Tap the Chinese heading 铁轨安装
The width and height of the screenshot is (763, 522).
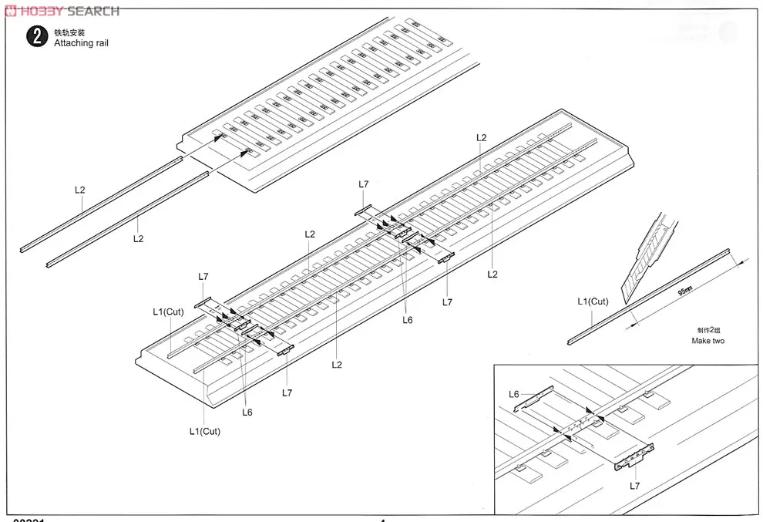(69, 32)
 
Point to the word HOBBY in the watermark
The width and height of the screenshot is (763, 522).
(40, 12)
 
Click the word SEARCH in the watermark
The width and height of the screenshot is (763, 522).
(93, 12)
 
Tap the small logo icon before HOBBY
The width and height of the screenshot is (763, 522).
(8, 12)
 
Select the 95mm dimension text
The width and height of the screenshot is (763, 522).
(685, 291)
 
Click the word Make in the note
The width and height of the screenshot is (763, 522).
(700, 341)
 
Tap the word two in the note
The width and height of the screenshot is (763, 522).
(718, 341)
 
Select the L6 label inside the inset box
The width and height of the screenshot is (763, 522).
(514, 394)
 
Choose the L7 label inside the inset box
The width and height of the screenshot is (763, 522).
(634, 485)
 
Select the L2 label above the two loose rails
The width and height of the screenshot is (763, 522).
(80, 189)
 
